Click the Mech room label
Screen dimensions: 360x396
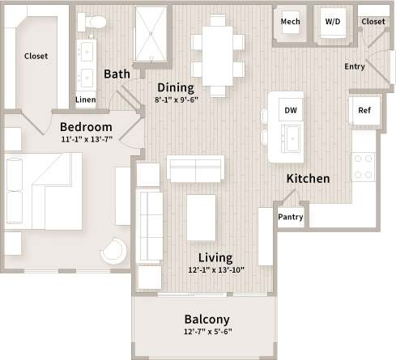[291, 22]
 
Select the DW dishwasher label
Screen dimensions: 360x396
[290, 108]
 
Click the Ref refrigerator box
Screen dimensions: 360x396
[364, 111]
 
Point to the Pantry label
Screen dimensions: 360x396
[290, 216]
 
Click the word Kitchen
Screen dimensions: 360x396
[307, 178]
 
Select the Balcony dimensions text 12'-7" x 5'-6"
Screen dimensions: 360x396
[206, 331]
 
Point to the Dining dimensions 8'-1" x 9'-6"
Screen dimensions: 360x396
[176, 101]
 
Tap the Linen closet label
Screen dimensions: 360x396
[85, 100]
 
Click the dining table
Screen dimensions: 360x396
[217, 55]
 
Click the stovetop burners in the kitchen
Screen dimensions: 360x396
[364, 167]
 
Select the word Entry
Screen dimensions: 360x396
[355, 66]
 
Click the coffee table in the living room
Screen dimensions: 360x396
[201, 218]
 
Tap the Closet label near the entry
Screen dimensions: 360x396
[373, 22]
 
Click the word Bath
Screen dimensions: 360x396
[117, 74]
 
